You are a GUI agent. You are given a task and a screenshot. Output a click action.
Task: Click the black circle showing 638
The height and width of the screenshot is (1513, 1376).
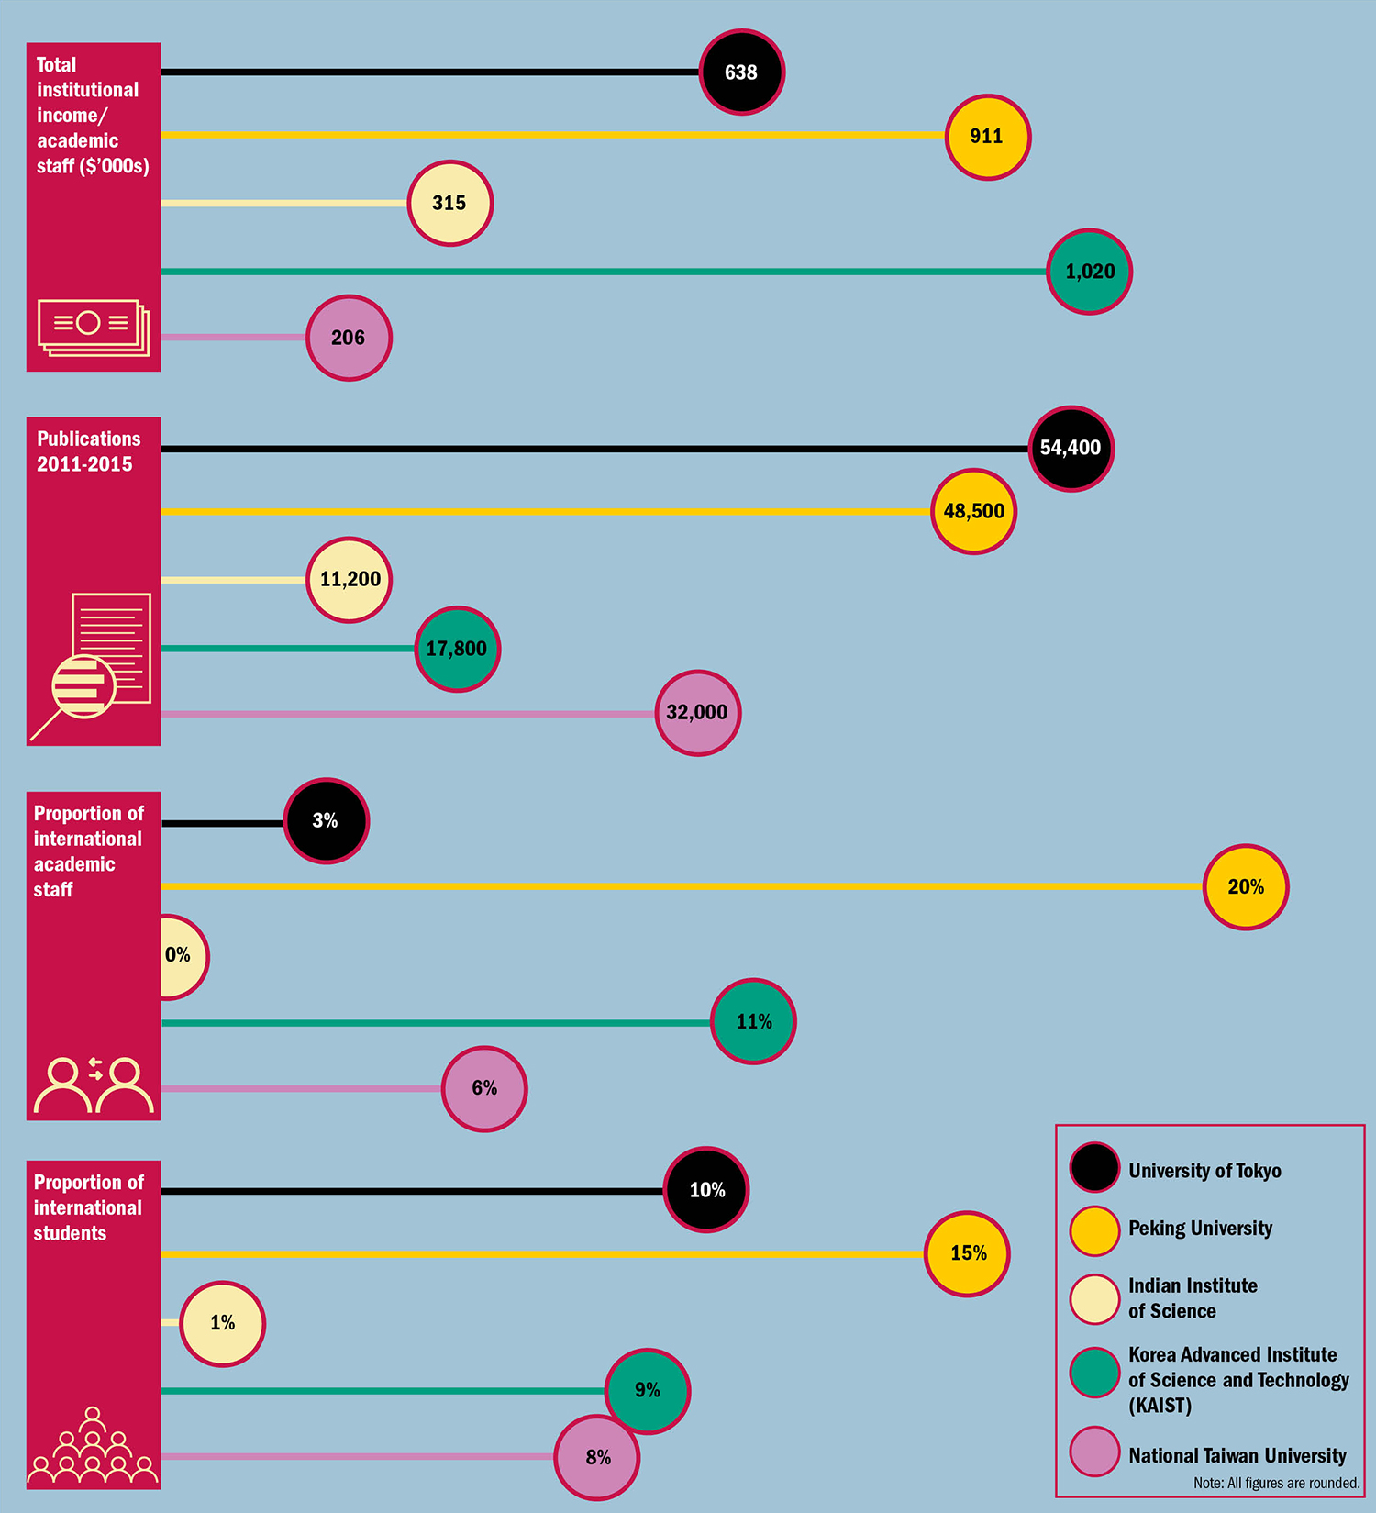click(741, 72)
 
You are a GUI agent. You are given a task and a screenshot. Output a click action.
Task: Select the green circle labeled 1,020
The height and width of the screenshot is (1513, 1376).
click(1089, 272)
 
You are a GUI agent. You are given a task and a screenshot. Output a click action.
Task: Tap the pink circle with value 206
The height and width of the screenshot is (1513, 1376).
click(349, 338)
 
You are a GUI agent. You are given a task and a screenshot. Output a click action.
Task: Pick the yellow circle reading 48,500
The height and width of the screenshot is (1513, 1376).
click(974, 511)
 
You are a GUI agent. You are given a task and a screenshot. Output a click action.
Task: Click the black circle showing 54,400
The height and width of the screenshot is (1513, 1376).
click(1071, 448)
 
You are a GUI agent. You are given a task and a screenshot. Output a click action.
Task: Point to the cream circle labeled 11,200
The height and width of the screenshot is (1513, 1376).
click(349, 580)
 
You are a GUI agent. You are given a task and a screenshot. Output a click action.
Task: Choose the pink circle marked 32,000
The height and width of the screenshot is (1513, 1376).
click(697, 713)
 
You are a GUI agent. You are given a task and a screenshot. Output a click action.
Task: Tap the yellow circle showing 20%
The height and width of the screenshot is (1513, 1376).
click(1245, 887)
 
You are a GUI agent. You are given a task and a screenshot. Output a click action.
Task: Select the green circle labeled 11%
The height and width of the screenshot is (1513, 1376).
click(753, 1021)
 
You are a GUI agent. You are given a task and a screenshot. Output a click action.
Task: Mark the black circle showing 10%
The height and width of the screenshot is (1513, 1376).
click(706, 1190)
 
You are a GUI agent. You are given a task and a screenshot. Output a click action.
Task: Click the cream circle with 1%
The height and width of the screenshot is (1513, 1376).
click(222, 1323)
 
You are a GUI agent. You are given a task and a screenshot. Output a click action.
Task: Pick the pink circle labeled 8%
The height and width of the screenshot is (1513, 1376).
click(597, 1457)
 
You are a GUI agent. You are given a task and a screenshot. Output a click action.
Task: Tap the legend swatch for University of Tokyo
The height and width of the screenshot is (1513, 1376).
click(1094, 1167)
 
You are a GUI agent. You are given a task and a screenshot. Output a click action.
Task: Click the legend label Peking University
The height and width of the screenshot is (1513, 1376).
click(1200, 1229)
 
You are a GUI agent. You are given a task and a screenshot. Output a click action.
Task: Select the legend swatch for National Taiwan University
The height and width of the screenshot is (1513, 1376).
click(1094, 1452)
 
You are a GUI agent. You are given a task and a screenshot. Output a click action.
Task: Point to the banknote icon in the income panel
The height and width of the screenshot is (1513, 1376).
click(93, 328)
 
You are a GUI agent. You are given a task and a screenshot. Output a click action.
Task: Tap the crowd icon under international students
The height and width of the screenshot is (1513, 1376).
click(93, 1447)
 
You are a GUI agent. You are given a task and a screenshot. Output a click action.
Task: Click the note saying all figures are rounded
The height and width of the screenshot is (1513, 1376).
click(1276, 1483)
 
